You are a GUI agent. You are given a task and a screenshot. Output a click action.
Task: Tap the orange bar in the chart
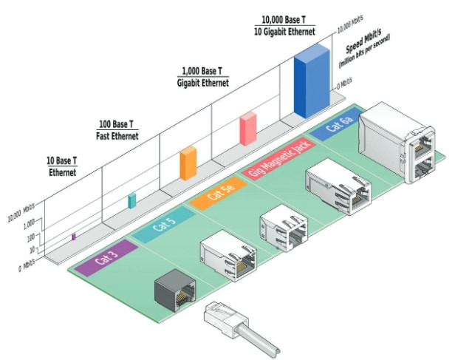(x=188, y=163)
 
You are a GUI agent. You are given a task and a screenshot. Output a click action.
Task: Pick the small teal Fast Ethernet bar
(x=132, y=200)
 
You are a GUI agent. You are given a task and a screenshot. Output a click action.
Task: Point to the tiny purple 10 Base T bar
(x=74, y=237)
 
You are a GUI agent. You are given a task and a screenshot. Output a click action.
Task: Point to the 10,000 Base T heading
(x=288, y=26)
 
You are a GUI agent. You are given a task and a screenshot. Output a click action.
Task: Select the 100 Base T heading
(x=117, y=129)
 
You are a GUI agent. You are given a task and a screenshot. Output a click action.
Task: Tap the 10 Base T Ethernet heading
(x=63, y=166)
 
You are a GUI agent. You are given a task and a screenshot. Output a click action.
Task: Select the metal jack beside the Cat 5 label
(x=227, y=255)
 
